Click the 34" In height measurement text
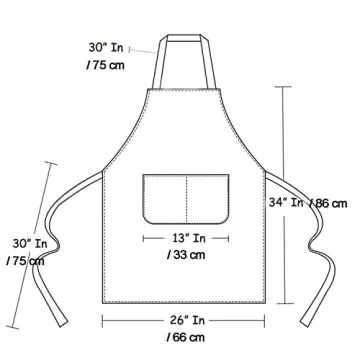click(x=284, y=202)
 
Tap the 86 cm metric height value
click(x=331, y=203)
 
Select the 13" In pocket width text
click(x=187, y=238)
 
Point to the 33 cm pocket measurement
click(x=187, y=255)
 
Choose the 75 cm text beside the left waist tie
click(x=25, y=260)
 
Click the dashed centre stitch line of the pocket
click(x=186, y=198)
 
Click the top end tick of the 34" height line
click(x=290, y=87)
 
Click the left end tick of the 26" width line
click(x=103, y=320)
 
